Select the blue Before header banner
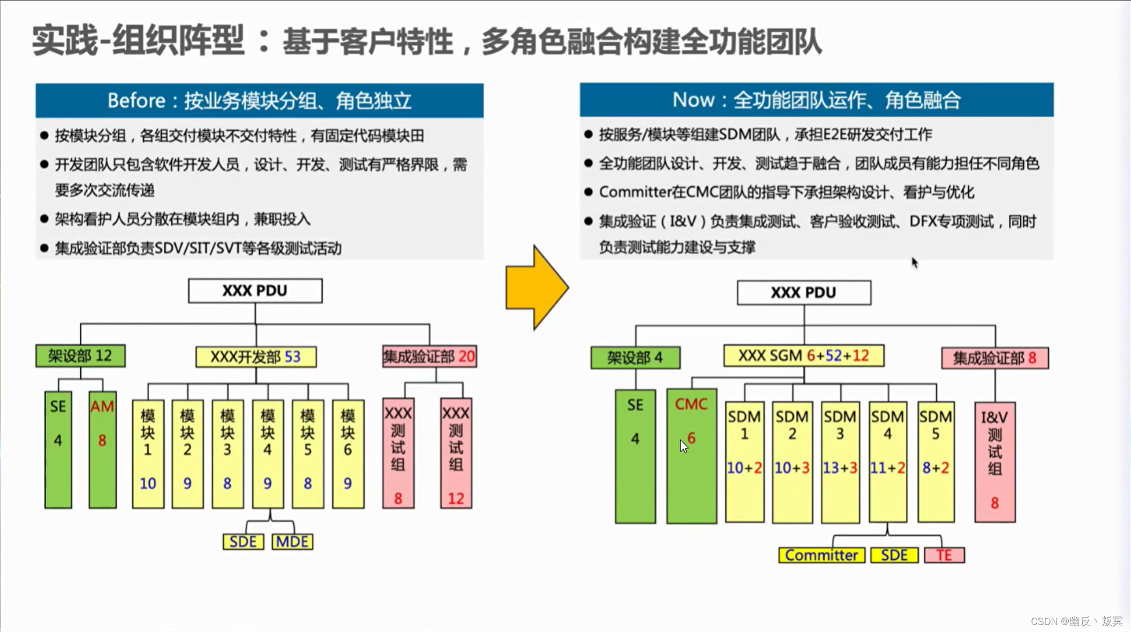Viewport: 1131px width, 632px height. point(259,100)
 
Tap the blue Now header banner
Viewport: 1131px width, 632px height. point(816,100)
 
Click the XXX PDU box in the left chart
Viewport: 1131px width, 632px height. point(255,291)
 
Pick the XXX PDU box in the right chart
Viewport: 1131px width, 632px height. point(803,292)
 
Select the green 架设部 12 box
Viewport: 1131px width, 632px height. point(80,356)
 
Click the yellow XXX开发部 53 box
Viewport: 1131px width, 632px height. point(255,357)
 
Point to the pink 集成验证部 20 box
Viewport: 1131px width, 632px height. point(429,357)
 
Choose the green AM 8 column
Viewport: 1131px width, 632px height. point(102,450)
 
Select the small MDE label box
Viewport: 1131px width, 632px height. point(292,541)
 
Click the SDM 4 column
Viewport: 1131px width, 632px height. point(887,462)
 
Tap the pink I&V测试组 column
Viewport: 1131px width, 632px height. point(994,462)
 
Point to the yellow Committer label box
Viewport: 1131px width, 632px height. point(821,555)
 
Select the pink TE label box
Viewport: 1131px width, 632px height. point(944,555)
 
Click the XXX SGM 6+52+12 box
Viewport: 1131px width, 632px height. point(803,356)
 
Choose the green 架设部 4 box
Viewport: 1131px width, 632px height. point(635,358)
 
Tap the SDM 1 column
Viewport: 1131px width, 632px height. point(744,462)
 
